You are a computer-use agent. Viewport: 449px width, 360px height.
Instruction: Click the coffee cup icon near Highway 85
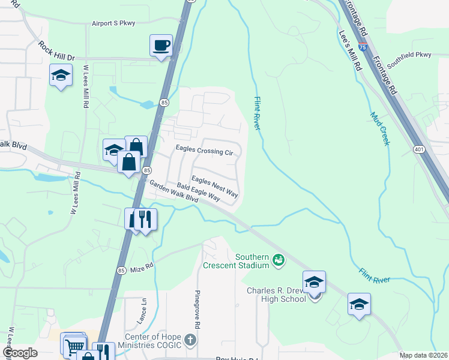161,46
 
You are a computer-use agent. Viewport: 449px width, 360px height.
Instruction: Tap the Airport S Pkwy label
113,23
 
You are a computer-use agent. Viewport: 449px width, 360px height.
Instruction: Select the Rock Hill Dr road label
56,50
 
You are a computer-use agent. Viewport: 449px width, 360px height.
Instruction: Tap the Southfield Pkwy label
409,55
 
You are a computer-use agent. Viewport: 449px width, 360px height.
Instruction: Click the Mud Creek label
380,128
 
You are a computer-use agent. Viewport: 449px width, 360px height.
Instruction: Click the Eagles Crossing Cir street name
203,152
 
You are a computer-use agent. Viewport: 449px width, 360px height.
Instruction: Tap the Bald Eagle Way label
199,193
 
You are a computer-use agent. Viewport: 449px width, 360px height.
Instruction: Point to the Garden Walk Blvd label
173,192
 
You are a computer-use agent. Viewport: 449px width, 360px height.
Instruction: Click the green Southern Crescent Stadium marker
278,260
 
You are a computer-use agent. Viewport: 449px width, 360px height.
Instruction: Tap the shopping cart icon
74,346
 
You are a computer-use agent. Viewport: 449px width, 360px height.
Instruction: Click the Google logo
20,352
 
